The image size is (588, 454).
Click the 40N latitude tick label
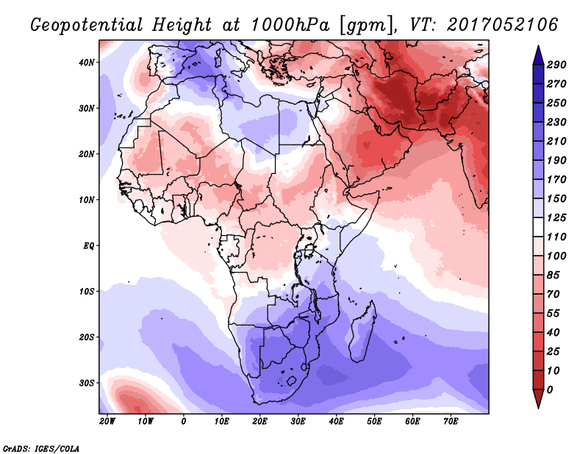(x=86, y=62)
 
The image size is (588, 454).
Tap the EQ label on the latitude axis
(x=88, y=246)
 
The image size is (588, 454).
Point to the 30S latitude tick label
(x=86, y=383)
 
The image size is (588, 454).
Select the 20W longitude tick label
(x=107, y=422)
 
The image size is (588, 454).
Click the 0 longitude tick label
(x=183, y=422)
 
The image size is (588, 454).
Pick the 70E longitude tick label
(x=451, y=422)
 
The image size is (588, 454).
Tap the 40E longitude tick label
(x=336, y=422)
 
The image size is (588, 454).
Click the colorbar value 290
(x=556, y=65)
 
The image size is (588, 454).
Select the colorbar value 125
(x=556, y=217)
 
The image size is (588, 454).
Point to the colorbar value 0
(x=550, y=390)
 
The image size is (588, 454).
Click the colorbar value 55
(x=553, y=314)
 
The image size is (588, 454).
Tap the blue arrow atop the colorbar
(x=538, y=55)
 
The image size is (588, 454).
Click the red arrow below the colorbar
(x=538, y=399)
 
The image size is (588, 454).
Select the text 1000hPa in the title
(x=290, y=25)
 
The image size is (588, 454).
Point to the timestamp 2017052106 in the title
(x=503, y=25)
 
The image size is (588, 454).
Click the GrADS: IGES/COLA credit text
(x=41, y=449)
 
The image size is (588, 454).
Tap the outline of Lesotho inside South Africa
(x=292, y=382)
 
